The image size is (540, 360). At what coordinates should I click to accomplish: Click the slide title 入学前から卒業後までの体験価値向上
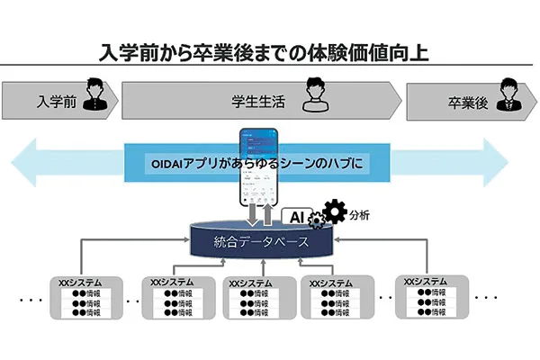265,51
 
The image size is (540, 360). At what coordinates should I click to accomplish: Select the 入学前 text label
56,101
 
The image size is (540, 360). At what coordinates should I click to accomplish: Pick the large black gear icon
334,212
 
